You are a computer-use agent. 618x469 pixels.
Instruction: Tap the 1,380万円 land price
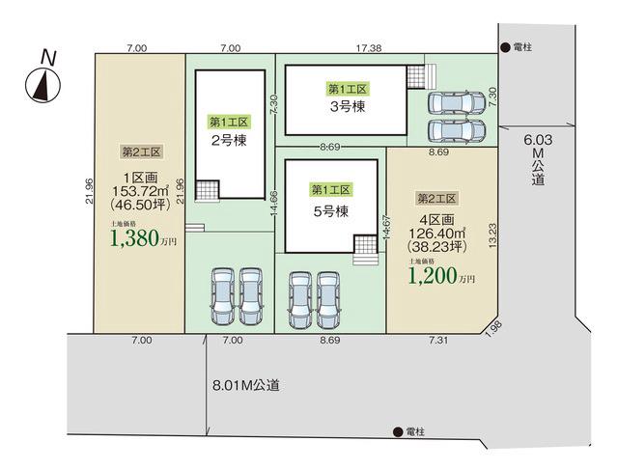144,238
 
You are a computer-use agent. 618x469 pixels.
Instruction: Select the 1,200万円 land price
441,276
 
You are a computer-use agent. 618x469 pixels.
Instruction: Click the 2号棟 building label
229,140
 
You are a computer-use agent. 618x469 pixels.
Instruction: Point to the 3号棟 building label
348,106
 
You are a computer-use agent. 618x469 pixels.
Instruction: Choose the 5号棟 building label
331,211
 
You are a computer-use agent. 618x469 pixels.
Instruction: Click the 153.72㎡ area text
141,191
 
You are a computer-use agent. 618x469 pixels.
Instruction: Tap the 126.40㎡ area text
437,234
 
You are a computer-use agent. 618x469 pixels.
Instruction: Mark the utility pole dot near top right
505,47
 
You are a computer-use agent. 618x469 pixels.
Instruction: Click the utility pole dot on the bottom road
398,432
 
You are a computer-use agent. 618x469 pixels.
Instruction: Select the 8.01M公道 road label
246,385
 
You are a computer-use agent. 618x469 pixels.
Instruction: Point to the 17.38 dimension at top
369,48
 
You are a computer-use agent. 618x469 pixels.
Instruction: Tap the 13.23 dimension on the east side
492,235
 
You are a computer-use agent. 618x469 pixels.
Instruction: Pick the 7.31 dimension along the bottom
438,340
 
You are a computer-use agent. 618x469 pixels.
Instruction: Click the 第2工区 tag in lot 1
141,152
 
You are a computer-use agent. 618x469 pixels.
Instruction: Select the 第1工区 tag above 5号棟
330,190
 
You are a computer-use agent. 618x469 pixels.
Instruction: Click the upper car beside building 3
457,103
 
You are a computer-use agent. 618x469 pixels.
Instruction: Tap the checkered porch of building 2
208,191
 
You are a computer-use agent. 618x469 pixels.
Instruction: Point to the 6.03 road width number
538,140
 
